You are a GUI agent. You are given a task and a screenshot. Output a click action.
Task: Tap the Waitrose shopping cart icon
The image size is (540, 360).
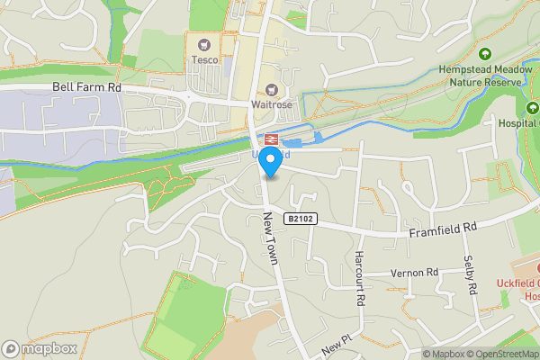pyautogui.click(x=271, y=89)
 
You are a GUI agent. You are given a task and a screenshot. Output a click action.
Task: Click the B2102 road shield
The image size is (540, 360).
pyautogui.click(x=302, y=218)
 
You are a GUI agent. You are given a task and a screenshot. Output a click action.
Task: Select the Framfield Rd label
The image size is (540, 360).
pyautogui.click(x=443, y=230)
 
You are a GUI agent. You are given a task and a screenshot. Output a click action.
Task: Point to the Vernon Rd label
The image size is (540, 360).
pyautogui.click(x=414, y=272)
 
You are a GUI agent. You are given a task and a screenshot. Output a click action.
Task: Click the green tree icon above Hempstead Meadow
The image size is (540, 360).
pyautogui.click(x=485, y=54)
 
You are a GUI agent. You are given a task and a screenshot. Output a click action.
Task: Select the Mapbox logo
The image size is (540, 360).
pyautogui.click(x=38, y=348)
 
